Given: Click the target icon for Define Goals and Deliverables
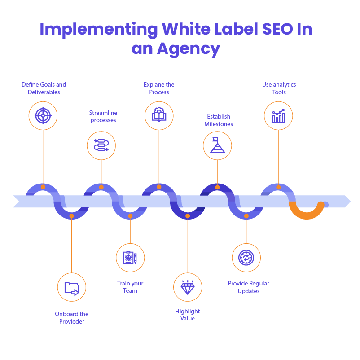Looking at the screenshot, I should coord(43,116).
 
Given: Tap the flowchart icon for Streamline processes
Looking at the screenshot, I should coord(101,145).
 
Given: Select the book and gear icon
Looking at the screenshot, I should coord(159,116).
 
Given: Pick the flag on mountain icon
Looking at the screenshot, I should coord(217,145).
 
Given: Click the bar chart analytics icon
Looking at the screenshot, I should coord(278,116).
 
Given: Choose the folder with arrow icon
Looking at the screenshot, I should coord(72,287).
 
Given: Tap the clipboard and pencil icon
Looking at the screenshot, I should coord(130,258).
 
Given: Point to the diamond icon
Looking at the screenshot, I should coord(188,287).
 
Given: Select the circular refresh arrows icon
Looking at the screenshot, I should coord(246,258).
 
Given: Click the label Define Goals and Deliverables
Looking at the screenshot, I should coord(44,88).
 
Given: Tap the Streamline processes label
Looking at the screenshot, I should coord(103,116).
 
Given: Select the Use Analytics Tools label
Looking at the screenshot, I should coord(279,88).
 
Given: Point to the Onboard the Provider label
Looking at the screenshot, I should coord(72,318).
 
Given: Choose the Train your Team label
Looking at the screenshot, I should coord(130,287).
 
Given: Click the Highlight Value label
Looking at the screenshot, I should coord(188,315).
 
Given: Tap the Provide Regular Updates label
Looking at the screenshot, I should coord(248,287).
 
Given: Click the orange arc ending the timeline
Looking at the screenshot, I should coord(307,211).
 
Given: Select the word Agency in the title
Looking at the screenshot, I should coord(188,48).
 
